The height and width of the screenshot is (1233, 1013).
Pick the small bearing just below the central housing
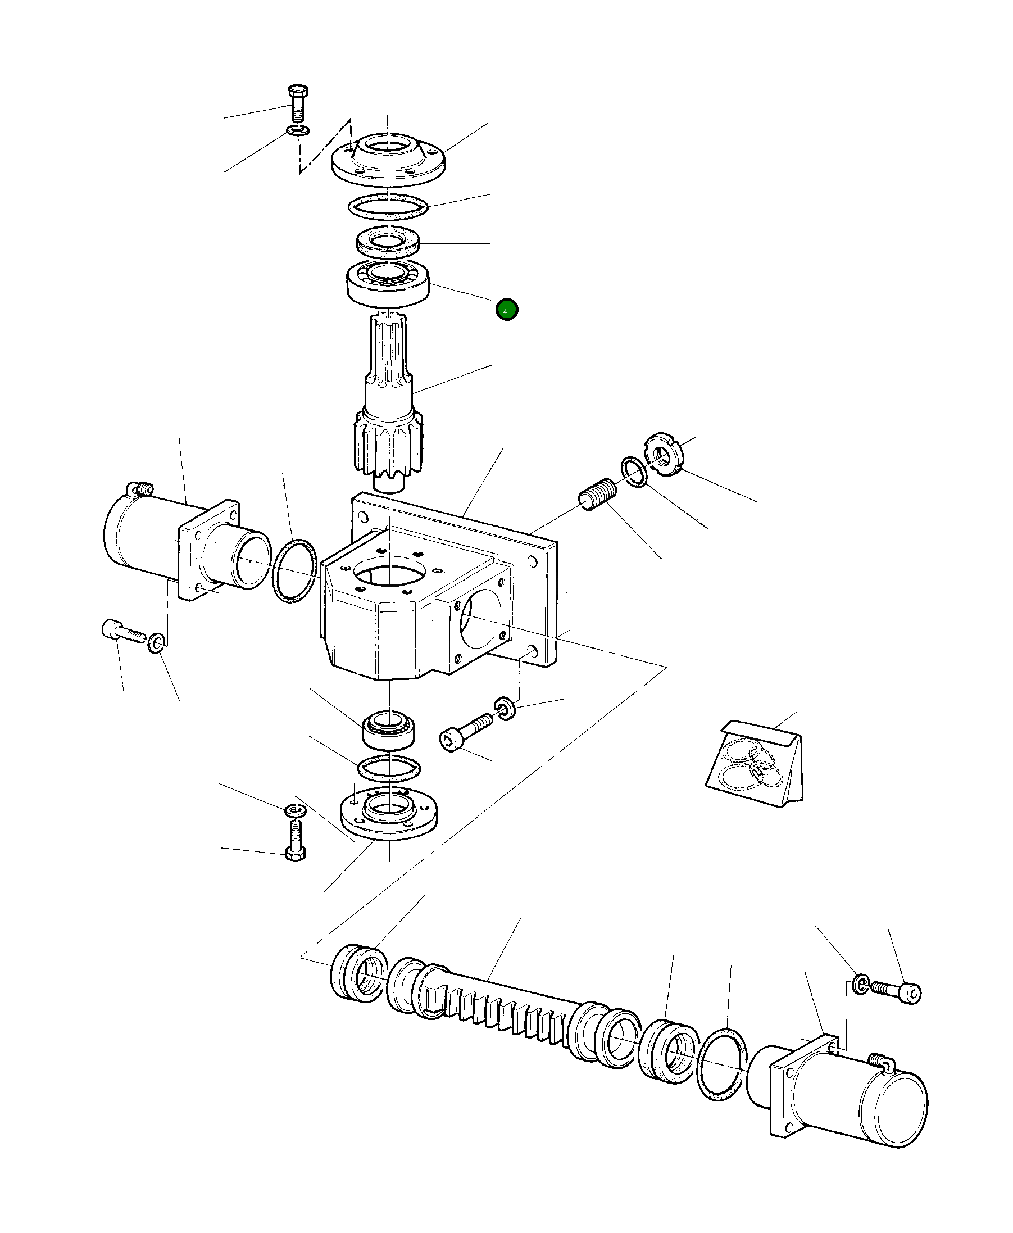(x=388, y=729)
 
